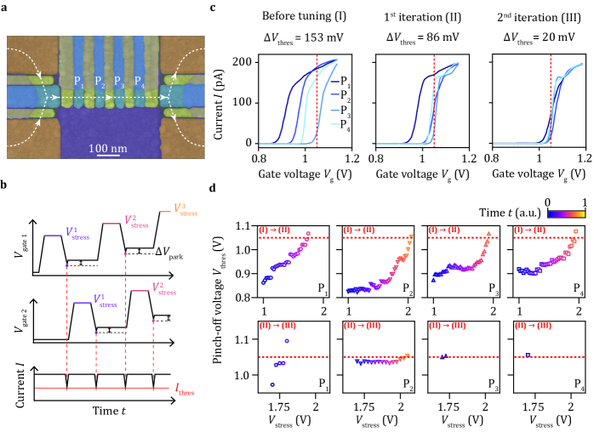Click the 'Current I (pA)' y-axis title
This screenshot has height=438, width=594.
[234, 103]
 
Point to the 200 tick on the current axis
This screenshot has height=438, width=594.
[253, 63]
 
